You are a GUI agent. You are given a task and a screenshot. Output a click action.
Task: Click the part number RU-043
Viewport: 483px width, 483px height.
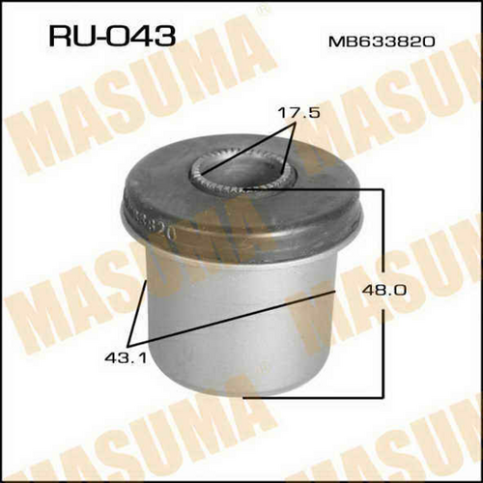112,36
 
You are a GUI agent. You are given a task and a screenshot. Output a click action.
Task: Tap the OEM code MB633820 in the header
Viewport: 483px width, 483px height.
382,42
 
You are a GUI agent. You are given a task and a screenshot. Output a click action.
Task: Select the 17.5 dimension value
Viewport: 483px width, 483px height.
298,113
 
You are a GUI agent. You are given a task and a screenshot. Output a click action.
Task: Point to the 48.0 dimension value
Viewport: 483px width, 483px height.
384,291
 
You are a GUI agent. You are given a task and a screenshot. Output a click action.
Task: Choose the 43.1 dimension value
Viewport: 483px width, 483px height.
126,357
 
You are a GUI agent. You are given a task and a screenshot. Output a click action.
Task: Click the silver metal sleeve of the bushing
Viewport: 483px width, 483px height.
240,322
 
